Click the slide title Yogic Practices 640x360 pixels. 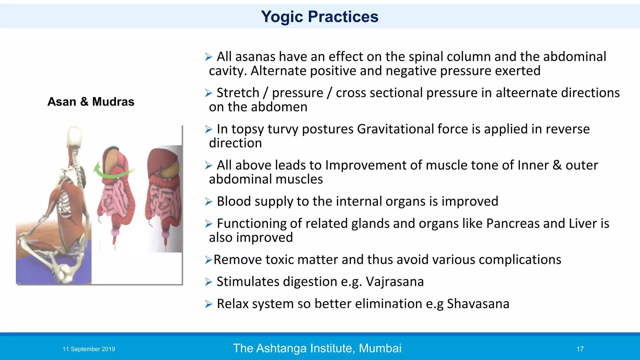tap(319, 17)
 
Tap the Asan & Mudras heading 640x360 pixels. tap(91, 102)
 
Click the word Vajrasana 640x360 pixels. tap(395, 282)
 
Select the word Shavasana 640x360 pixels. tap(478, 304)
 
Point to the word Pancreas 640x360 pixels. tap(513, 223)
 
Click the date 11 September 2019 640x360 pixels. tap(89, 349)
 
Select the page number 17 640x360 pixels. tap(580, 349)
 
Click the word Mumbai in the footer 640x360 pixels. tap(380, 348)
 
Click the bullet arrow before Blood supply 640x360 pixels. tap(208, 202)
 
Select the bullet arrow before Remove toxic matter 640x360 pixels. tap(208, 260)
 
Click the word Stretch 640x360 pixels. tap(238, 93)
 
